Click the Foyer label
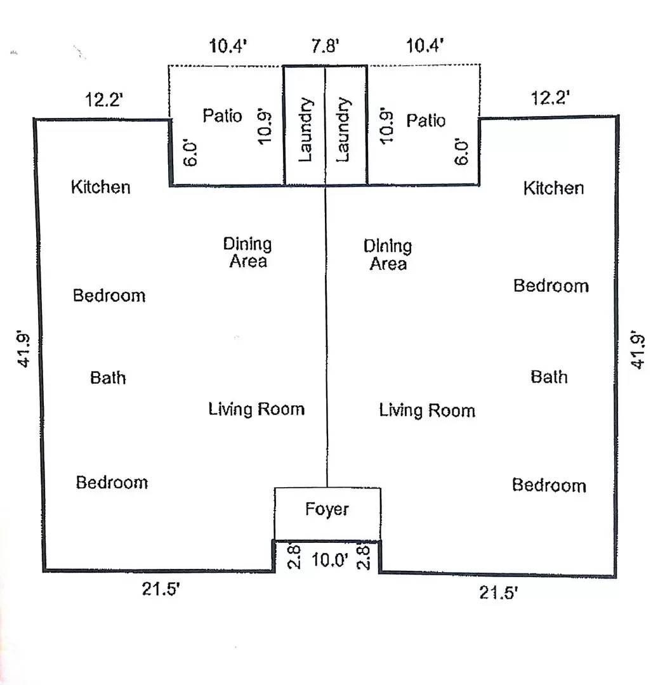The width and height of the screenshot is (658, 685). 327,510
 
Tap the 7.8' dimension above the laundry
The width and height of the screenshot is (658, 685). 325,46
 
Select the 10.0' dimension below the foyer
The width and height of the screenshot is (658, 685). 330,559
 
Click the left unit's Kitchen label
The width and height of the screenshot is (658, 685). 101,187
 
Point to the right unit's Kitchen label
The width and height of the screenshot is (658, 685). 553,188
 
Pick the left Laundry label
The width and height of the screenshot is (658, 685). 306,130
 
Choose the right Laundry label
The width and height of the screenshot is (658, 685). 343,130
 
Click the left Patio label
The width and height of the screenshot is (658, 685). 222,116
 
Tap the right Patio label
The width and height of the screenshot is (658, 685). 426,120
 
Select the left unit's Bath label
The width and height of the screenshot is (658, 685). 108,377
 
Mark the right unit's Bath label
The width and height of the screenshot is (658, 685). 549,377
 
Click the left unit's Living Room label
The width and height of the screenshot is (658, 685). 256,409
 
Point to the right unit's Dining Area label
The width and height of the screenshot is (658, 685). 388,255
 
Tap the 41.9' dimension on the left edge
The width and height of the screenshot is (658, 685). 23,349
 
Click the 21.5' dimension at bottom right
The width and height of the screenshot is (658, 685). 499,593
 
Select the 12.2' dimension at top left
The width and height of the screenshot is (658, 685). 104,100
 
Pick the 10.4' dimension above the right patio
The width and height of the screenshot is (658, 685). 425,46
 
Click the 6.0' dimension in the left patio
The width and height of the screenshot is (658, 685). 191,153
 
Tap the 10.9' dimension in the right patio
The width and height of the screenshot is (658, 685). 387,126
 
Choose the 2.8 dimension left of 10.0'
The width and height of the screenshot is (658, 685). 294,556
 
